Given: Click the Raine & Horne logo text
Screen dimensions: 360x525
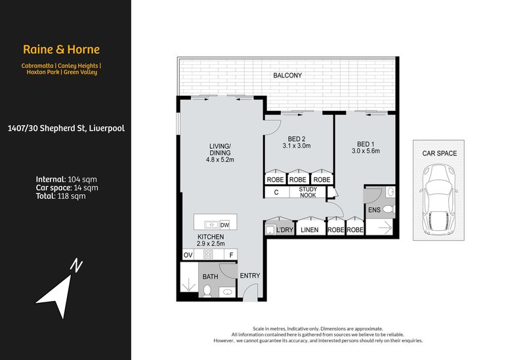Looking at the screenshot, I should [x=61, y=49].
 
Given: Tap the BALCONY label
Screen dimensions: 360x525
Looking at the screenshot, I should [x=287, y=75].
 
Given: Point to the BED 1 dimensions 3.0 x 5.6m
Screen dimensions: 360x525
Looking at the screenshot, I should [x=365, y=151].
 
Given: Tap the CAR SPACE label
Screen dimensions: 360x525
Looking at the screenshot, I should [x=440, y=153].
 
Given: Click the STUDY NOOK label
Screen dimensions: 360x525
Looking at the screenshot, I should [x=308, y=193].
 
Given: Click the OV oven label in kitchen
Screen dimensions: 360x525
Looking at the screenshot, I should [x=187, y=254].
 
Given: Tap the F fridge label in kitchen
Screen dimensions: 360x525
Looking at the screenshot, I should [x=230, y=254].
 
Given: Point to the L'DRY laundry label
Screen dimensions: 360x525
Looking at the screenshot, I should [x=284, y=230].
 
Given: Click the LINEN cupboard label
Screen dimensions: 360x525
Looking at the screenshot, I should [x=310, y=230].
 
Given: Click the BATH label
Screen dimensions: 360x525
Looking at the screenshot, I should [x=210, y=277].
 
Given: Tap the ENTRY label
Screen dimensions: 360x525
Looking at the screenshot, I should [x=250, y=276].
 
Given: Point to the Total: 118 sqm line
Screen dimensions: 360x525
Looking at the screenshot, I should [x=61, y=195].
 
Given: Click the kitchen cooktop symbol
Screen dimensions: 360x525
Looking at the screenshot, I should [x=209, y=254].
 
